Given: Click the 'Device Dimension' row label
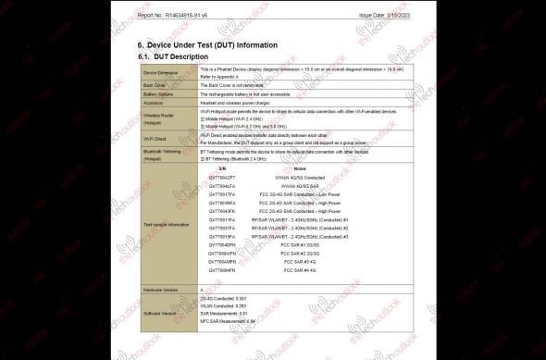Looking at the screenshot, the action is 160,71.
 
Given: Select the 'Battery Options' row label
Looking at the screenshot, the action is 158,93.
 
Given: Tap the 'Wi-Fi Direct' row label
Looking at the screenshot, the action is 154,139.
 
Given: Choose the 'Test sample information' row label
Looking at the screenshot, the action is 167,224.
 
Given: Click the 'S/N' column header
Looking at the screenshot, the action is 222,168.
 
